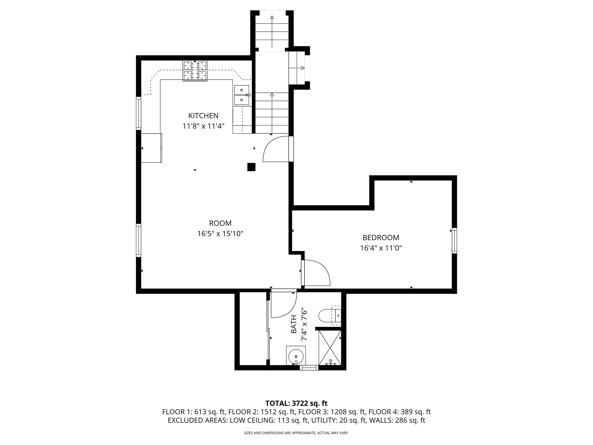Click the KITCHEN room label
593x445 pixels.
(x=203, y=116)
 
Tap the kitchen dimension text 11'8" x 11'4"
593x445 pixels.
(x=203, y=126)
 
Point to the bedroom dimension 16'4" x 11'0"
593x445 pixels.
(x=381, y=248)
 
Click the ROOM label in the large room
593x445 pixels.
(x=220, y=223)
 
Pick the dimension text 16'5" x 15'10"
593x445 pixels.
(x=220, y=234)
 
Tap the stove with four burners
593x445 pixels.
(x=195, y=71)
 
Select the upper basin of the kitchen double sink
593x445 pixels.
(x=241, y=90)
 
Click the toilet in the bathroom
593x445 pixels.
(x=326, y=315)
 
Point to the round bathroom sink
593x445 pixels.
(x=296, y=356)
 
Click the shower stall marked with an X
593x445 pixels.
(x=330, y=348)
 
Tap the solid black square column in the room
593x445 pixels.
(x=251, y=167)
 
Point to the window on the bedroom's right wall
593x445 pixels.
(x=454, y=240)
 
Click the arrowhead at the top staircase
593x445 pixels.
(x=272, y=18)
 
